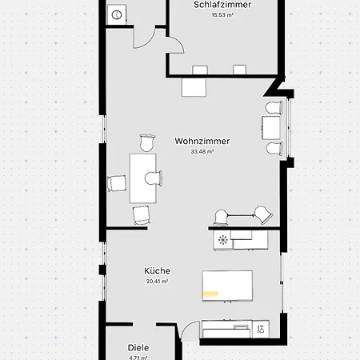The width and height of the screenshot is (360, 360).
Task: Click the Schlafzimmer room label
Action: coord(222,5)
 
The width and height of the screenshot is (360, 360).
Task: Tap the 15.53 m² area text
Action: coord(222,15)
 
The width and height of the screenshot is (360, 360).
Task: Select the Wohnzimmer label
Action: coord(202,141)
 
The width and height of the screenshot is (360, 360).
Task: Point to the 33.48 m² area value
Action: coord(202,151)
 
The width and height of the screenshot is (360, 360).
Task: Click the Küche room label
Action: coord(157,270)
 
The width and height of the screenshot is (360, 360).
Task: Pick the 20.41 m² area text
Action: coord(157,281)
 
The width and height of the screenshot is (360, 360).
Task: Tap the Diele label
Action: coord(138,347)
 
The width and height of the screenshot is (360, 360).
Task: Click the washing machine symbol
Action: coord(117,14)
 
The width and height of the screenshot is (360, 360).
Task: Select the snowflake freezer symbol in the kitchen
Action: coord(223,240)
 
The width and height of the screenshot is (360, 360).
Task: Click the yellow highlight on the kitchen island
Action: coord(210,294)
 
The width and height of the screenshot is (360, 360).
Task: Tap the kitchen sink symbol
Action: coord(261,330)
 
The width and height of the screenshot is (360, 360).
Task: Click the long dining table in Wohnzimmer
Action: coord(143,178)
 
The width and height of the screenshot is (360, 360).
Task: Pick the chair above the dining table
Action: coord(147,143)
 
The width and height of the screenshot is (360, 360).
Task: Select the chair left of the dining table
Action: coord(117,183)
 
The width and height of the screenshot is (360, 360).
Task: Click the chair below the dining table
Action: coord(142,215)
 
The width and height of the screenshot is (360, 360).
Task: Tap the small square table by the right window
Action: coord(271,128)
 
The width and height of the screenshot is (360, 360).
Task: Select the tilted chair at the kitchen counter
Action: coord(264,214)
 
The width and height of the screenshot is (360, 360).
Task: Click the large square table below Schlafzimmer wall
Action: coord(194,87)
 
